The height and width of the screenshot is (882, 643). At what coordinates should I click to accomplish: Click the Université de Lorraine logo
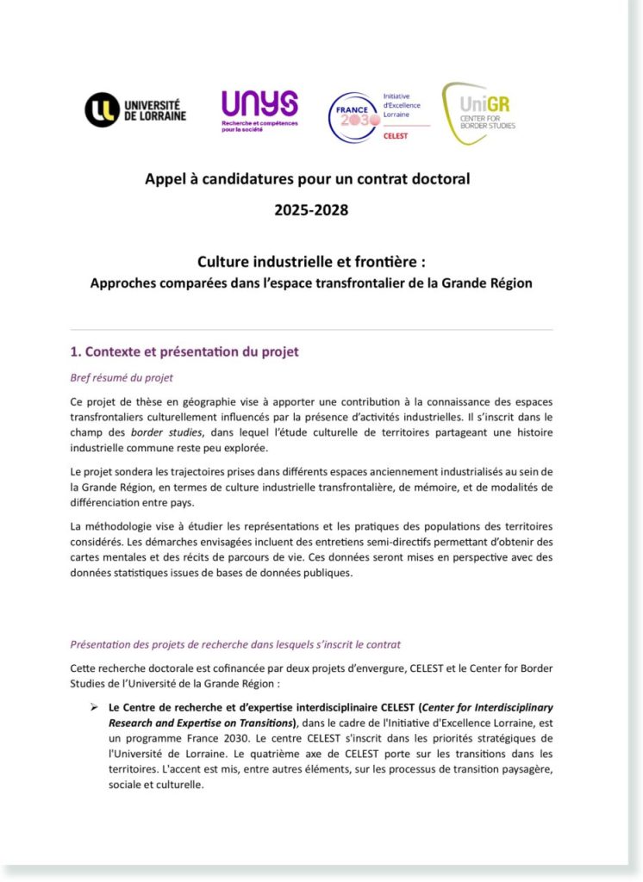click(x=135, y=110)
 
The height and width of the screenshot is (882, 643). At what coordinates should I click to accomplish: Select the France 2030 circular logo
click(x=353, y=118)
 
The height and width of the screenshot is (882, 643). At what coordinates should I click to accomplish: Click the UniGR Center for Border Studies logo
click(x=478, y=113)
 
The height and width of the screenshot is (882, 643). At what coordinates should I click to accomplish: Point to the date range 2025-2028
click(x=311, y=209)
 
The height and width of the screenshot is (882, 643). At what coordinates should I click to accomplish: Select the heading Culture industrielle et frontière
click(x=311, y=261)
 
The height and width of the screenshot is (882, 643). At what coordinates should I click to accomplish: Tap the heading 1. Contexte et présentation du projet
click(x=184, y=352)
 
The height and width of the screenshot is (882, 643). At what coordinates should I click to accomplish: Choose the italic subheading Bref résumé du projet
click(x=126, y=377)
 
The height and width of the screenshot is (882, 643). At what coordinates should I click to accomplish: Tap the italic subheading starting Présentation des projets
click(x=234, y=644)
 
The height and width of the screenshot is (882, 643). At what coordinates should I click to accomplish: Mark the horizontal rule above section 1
click(x=311, y=329)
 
